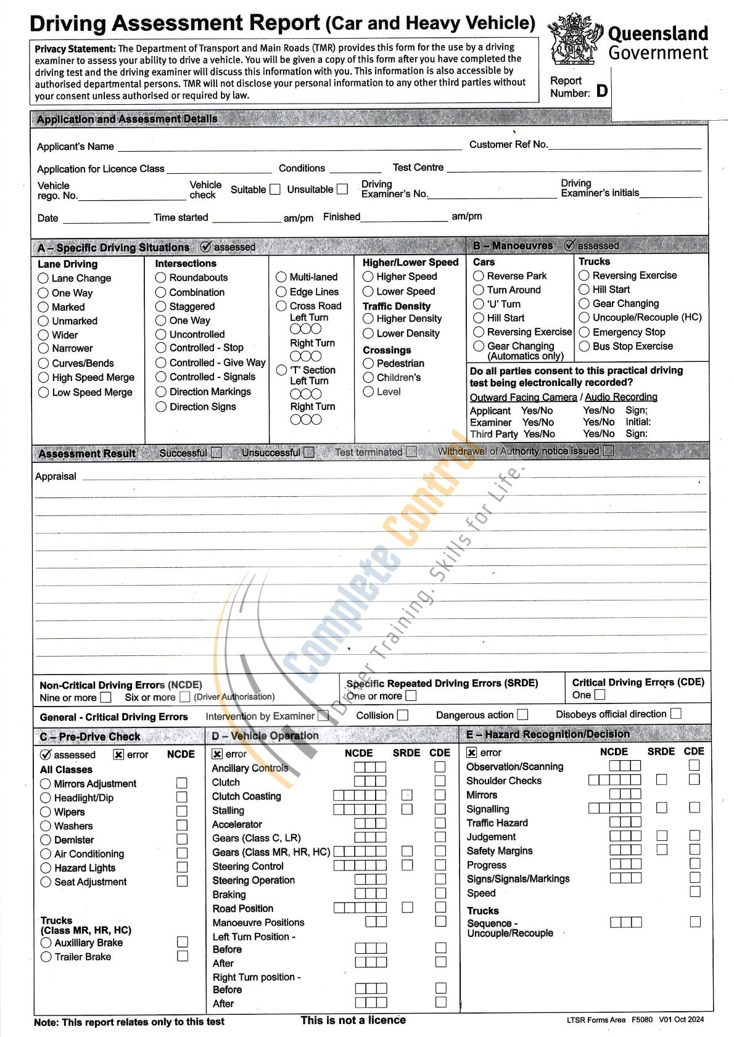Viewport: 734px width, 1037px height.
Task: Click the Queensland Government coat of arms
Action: point(575,39)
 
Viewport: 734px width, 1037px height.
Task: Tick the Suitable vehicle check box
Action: point(275,189)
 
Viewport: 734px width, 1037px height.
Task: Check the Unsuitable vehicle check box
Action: point(342,189)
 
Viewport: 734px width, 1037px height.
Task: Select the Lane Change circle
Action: point(43,278)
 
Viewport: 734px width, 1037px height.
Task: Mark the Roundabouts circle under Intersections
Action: point(161,277)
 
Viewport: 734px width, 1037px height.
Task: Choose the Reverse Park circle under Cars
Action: point(479,276)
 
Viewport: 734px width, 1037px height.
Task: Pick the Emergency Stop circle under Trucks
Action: point(584,332)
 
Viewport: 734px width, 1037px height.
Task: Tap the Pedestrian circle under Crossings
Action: point(368,363)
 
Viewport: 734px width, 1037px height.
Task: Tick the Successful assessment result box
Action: point(216,453)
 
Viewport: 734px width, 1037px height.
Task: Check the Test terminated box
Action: point(411,452)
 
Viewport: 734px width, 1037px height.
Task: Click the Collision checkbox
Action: point(403,715)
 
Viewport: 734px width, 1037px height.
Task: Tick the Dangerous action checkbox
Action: point(522,715)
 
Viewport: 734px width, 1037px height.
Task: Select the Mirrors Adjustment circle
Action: point(46,784)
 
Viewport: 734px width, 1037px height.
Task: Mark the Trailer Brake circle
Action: point(46,957)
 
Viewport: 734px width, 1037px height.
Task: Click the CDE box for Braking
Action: point(440,893)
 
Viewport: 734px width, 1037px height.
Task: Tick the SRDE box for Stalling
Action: point(407,809)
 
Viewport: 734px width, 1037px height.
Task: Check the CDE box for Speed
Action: point(695,891)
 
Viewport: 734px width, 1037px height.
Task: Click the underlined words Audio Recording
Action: point(621,397)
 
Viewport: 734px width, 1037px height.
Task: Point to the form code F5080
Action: point(641,1020)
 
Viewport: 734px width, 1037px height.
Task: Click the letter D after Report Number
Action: point(602,91)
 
